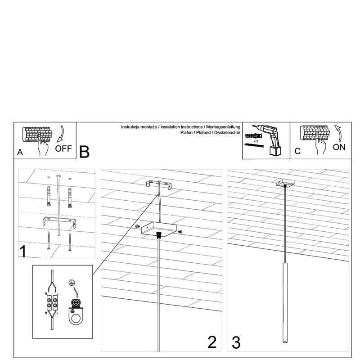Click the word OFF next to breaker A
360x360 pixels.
(63, 149)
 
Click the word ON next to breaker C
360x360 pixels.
(339, 148)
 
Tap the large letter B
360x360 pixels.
(85, 152)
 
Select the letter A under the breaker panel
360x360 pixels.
(20, 153)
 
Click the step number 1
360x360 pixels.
(22, 251)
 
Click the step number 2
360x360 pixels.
(212, 342)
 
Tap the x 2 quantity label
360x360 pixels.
(256, 141)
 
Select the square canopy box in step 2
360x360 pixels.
(157, 229)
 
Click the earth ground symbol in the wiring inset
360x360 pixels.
(71, 283)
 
